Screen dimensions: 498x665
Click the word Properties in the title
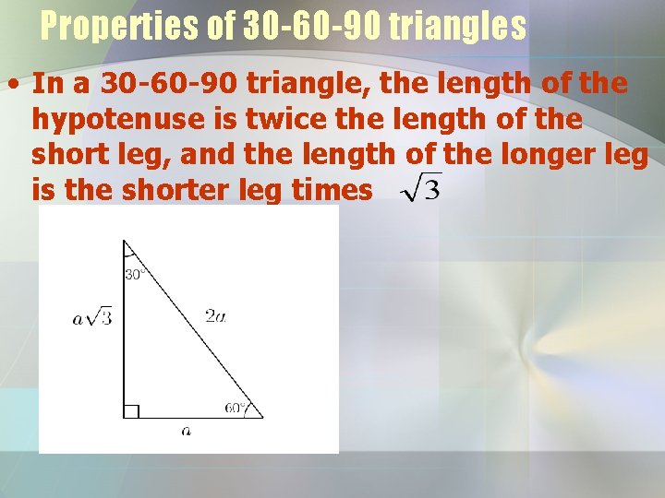point(124,28)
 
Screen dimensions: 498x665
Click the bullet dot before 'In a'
point(14,85)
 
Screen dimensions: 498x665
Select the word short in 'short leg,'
point(66,155)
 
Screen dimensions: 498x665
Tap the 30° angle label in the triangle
point(135,274)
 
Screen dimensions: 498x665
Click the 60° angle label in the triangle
point(235,407)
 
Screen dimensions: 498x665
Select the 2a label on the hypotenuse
point(214,316)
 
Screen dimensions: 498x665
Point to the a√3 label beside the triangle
point(91,318)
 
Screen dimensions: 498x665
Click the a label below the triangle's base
point(187,431)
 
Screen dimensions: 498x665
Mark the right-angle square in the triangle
point(131,411)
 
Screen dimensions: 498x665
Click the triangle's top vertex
point(125,241)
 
